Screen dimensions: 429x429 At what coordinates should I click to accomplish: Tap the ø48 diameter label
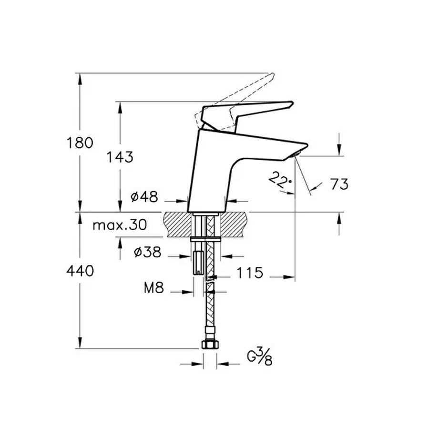[x=143, y=196]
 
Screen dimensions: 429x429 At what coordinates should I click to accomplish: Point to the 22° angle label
[x=279, y=180]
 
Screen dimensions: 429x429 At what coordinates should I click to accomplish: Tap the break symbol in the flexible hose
[x=209, y=286]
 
